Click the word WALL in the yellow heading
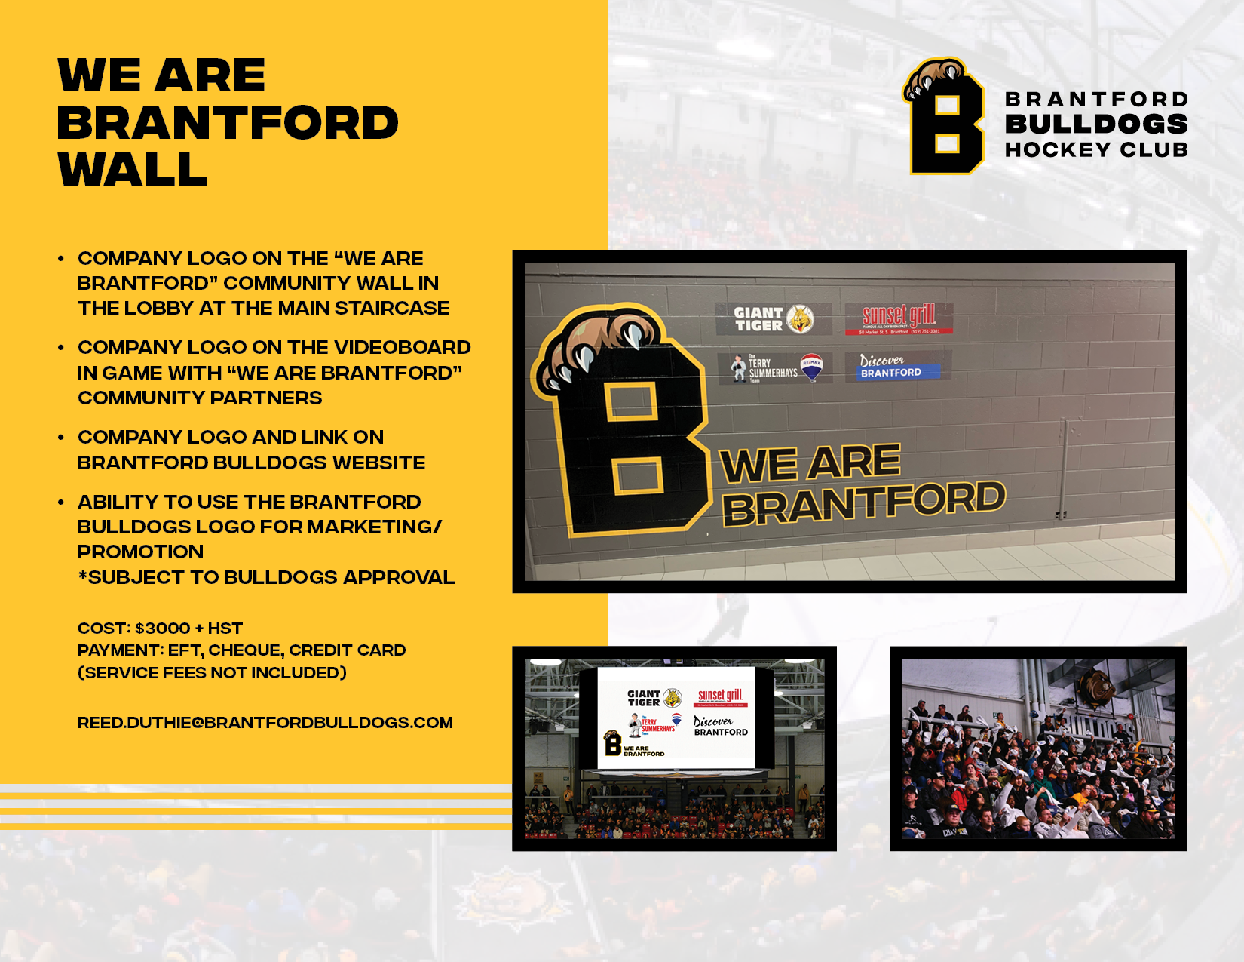click(x=133, y=170)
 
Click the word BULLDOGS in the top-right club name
click(x=1096, y=124)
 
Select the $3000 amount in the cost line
click(x=162, y=629)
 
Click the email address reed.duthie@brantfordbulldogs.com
click(x=265, y=723)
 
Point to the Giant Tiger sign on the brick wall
click(x=773, y=319)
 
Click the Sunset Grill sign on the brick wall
click(x=899, y=318)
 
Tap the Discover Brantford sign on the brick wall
click(x=897, y=366)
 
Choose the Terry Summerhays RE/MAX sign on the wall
click(x=775, y=367)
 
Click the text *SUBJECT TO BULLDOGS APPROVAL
click(x=266, y=578)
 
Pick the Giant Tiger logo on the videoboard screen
click(x=654, y=698)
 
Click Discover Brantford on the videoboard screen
click(x=720, y=727)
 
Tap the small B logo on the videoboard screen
click(x=612, y=744)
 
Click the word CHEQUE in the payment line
click(x=244, y=650)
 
